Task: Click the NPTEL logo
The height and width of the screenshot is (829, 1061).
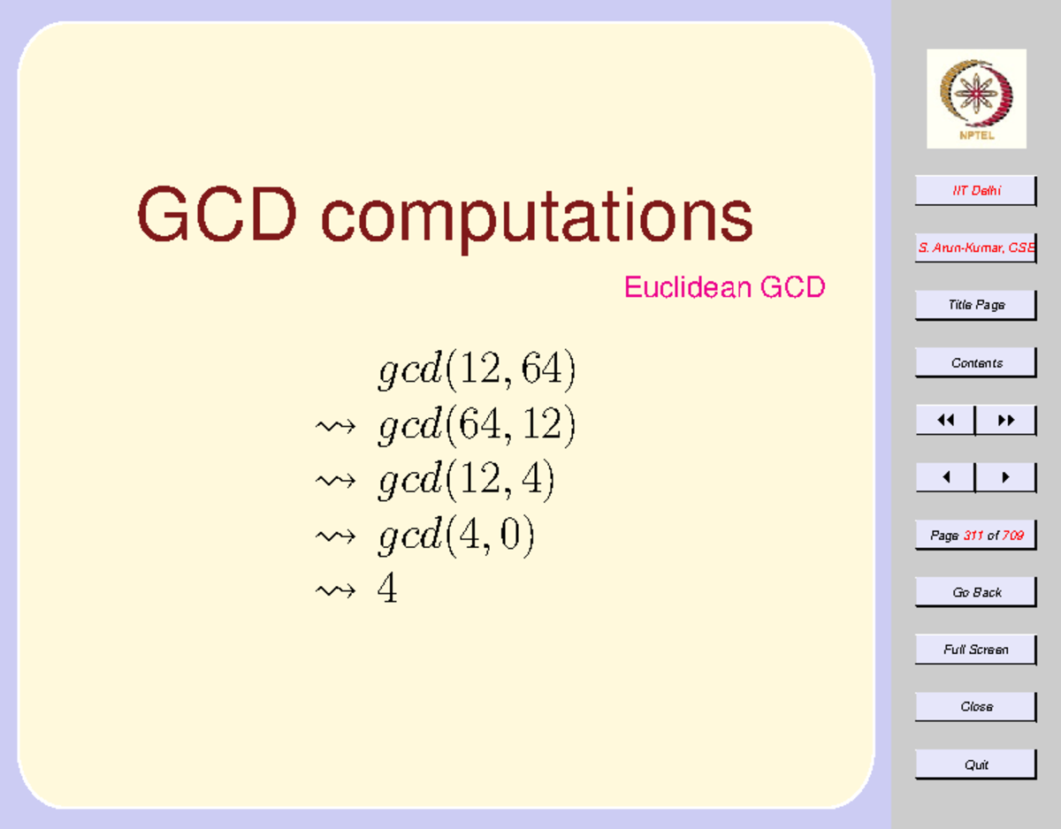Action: pyautogui.click(x=976, y=98)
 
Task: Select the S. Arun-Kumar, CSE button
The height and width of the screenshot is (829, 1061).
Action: pyautogui.click(x=975, y=248)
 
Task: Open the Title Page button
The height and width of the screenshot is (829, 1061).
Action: pyautogui.click(x=975, y=305)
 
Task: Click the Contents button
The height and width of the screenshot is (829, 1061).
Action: pyautogui.click(x=975, y=363)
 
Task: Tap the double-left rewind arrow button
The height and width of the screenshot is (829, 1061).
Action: pyautogui.click(x=945, y=421)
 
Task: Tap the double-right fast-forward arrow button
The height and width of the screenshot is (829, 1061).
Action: pyautogui.click(x=1005, y=421)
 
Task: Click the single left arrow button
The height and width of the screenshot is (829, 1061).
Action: pyautogui.click(x=945, y=478)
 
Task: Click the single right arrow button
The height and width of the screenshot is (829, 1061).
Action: pyautogui.click(x=1005, y=478)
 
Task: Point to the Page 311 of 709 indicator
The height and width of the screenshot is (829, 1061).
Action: pyautogui.click(x=975, y=536)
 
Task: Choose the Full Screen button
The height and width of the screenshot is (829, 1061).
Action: pyautogui.click(x=975, y=650)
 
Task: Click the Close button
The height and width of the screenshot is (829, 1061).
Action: pyautogui.click(x=975, y=707)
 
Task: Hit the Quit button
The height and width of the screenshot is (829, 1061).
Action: pyautogui.click(x=975, y=764)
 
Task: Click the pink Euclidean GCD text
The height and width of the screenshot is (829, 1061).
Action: pyautogui.click(x=724, y=287)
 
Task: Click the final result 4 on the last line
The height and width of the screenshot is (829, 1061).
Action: pyautogui.click(x=387, y=589)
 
